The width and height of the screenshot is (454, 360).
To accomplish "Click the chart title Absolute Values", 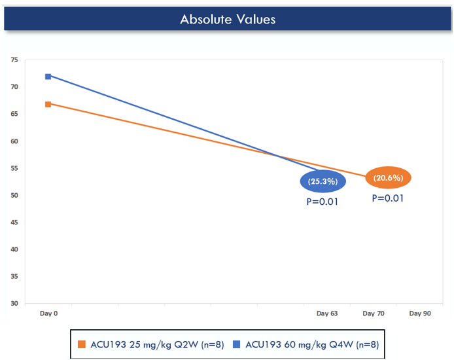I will coord(228,19).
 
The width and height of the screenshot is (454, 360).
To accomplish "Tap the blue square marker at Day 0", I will coord(48,77).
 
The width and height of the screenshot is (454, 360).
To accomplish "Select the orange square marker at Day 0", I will coord(48,104).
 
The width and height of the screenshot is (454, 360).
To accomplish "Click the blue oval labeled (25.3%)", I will coord(323,181).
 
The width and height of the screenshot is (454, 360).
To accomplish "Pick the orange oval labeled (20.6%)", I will coord(387,177).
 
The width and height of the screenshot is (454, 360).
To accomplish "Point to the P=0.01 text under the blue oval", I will coord(323,202).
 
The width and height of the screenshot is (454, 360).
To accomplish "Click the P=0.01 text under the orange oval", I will coord(387,198).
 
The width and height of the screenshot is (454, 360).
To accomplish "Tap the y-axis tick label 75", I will coord(14,60).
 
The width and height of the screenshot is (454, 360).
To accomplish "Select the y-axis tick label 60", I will coord(14,141).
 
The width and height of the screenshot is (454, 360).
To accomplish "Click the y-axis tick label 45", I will coord(14,223).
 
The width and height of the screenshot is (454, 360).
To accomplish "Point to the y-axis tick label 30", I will coord(14,304).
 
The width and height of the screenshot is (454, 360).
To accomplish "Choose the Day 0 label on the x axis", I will coord(48,314).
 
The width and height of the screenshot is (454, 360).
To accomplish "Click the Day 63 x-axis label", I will coord(326,314).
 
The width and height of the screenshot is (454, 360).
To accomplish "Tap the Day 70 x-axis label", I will coord(373,314).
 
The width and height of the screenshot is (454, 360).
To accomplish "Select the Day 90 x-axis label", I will coord(420,314).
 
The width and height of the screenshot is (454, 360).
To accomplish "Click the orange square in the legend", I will coord(82,344).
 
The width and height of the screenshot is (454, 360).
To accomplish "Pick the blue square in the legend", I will coord(236,344).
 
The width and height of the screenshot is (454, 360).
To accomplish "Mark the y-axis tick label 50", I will coord(14,196).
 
